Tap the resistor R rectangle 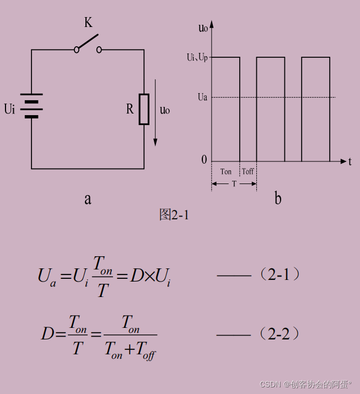point(144,109)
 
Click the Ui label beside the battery point(9,109)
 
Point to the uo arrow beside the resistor point(155,113)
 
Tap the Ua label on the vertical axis point(202,98)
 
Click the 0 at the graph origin point(204,160)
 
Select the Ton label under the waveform point(226,171)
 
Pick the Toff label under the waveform point(248,171)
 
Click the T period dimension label point(234,183)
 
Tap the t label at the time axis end point(350,161)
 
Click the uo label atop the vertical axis point(203,28)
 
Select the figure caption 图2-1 point(174,214)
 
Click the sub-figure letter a point(88,199)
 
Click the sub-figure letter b point(278,199)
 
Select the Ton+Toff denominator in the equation point(130,349)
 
